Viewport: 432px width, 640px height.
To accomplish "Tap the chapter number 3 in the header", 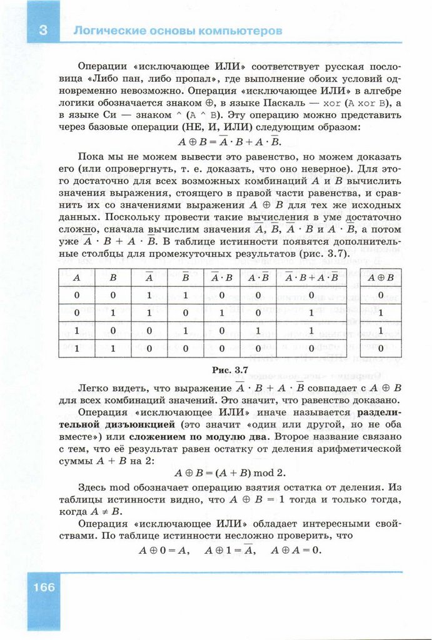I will (43, 30).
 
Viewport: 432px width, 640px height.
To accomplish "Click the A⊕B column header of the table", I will (381, 276).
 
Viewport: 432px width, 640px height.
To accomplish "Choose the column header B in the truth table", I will (113, 276).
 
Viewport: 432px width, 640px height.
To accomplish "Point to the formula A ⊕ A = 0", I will (295, 551).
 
